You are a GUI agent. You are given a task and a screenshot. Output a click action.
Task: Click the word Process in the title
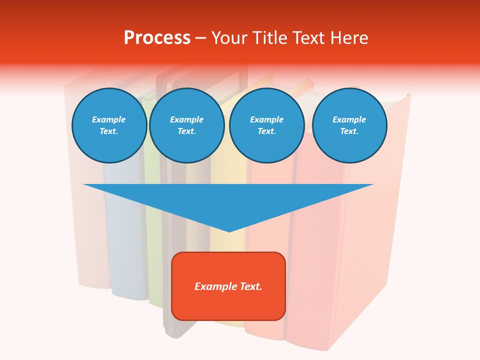(157, 38)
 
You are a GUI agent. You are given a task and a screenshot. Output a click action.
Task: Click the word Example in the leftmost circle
(109, 119)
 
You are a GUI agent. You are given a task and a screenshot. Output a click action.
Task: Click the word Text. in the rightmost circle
(349, 131)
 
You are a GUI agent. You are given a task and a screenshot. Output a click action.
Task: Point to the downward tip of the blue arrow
(229, 230)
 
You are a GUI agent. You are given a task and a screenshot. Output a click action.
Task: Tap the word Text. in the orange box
(251, 286)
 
